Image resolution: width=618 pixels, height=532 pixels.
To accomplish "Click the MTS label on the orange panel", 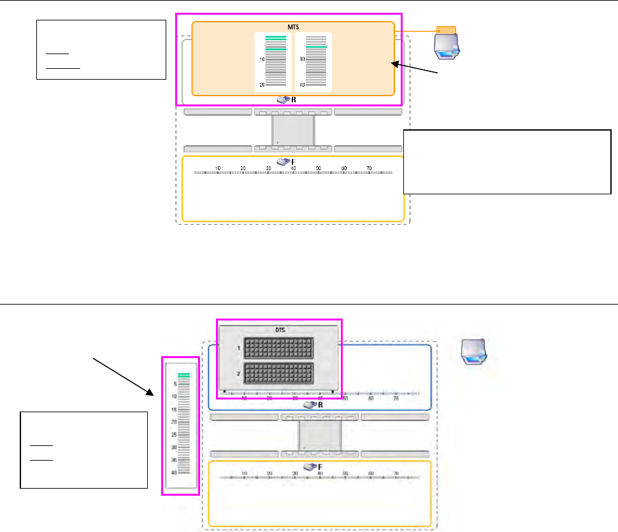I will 292,27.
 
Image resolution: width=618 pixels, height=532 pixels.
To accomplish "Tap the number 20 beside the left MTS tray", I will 261,84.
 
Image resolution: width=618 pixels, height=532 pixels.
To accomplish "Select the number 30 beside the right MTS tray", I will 301,59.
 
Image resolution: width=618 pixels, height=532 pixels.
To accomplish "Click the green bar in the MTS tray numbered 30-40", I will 316,47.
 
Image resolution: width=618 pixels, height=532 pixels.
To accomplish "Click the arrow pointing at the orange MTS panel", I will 415,68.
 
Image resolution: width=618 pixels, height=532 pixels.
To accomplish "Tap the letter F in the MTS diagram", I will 294,162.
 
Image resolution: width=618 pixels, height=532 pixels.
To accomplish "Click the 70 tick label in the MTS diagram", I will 369,168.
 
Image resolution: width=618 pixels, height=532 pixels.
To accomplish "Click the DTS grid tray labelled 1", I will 279,349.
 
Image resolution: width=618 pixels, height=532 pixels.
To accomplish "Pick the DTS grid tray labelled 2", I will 279,374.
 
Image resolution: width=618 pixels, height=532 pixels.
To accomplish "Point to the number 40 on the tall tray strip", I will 173,472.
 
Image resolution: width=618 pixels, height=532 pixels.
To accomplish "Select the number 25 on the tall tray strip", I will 173,435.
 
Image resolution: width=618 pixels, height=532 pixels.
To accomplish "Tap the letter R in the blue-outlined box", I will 320,405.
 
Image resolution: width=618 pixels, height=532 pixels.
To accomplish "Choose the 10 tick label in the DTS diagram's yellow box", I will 245,473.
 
